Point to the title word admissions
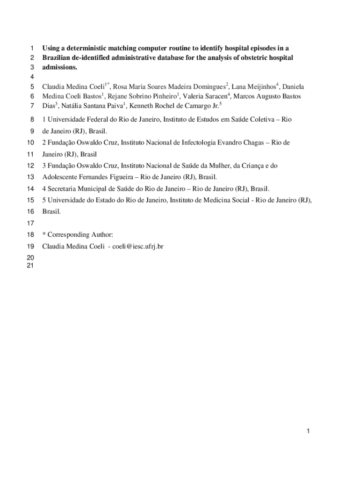59,67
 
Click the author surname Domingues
206,87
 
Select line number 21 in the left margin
30,265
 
